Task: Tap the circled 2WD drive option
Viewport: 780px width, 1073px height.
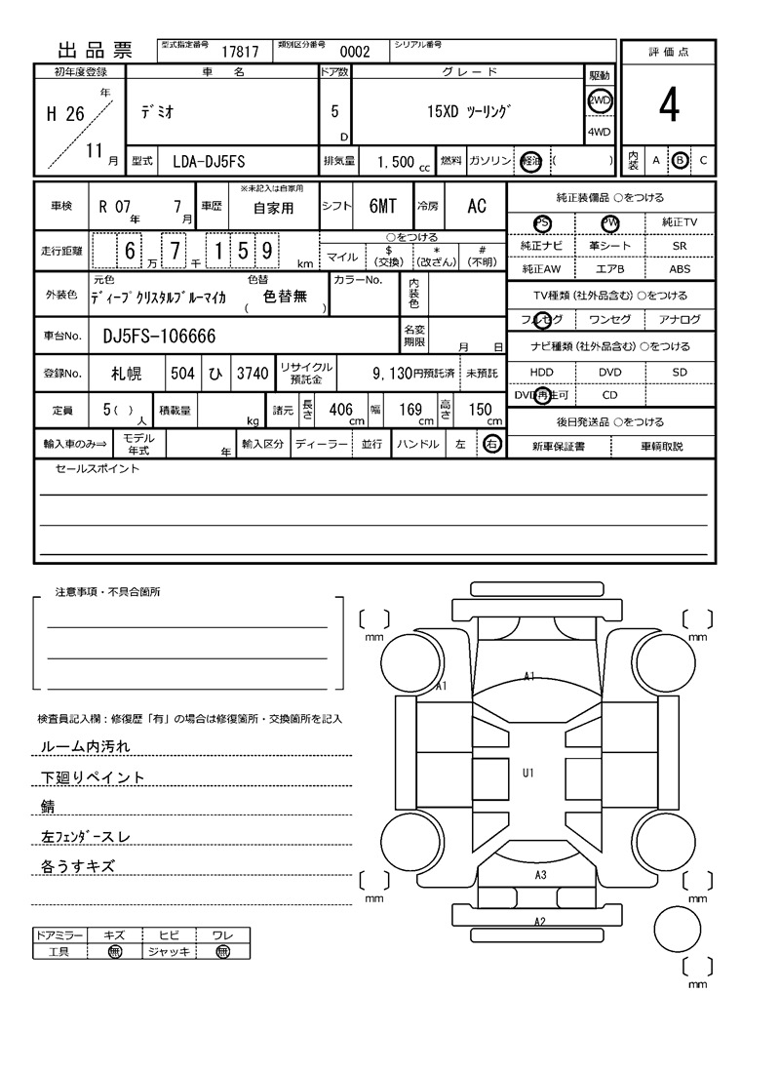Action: pyautogui.click(x=599, y=101)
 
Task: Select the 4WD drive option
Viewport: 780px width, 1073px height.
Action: pyautogui.click(x=599, y=133)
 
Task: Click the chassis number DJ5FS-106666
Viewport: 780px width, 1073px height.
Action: pyautogui.click(x=159, y=337)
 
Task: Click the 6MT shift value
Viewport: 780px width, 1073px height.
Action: pyautogui.click(x=382, y=206)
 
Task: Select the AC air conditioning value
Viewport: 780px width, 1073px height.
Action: pyautogui.click(x=476, y=206)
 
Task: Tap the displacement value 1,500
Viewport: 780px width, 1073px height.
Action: pyautogui.click(x=395, y=162)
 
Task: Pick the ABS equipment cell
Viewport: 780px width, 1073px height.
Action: pyautogui.click(x=680, y=268)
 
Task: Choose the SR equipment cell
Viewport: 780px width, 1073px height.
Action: pyautogui.click(x=680, y=246)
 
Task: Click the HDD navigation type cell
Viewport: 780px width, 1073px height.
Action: pyautogui.click(x=541, y=372)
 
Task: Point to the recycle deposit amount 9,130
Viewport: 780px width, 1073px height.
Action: pyautogui.click(x=395, y=373)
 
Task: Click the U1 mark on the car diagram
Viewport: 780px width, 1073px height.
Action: pyautogui.click(x=528, y=773)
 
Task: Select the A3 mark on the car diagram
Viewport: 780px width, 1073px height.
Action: pyautogui.click(x=540, y=875)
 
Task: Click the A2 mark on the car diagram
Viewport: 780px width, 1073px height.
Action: pyautogui.click(x=539, y=922)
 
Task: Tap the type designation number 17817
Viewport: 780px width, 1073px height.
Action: pyautogui.click(x=240, y=52)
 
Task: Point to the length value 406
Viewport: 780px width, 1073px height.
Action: pyautogui.click(x=340, y=410)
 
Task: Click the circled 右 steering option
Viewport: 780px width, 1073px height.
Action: pyautogui.click(x=491, y=445)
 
